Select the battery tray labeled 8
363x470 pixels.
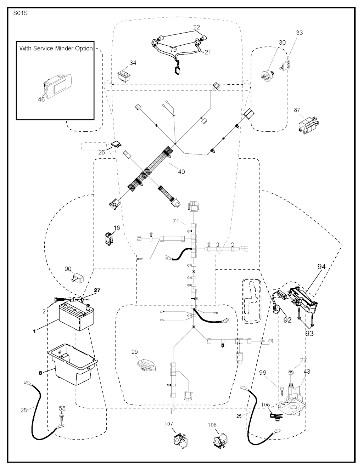pos(73,367)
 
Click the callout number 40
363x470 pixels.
pos(181,172)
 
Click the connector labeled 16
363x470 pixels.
pos(108,238)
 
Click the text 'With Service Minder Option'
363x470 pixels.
pos(56,48)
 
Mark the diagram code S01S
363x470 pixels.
pos(21,14)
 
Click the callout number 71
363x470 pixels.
pos(176,221)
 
